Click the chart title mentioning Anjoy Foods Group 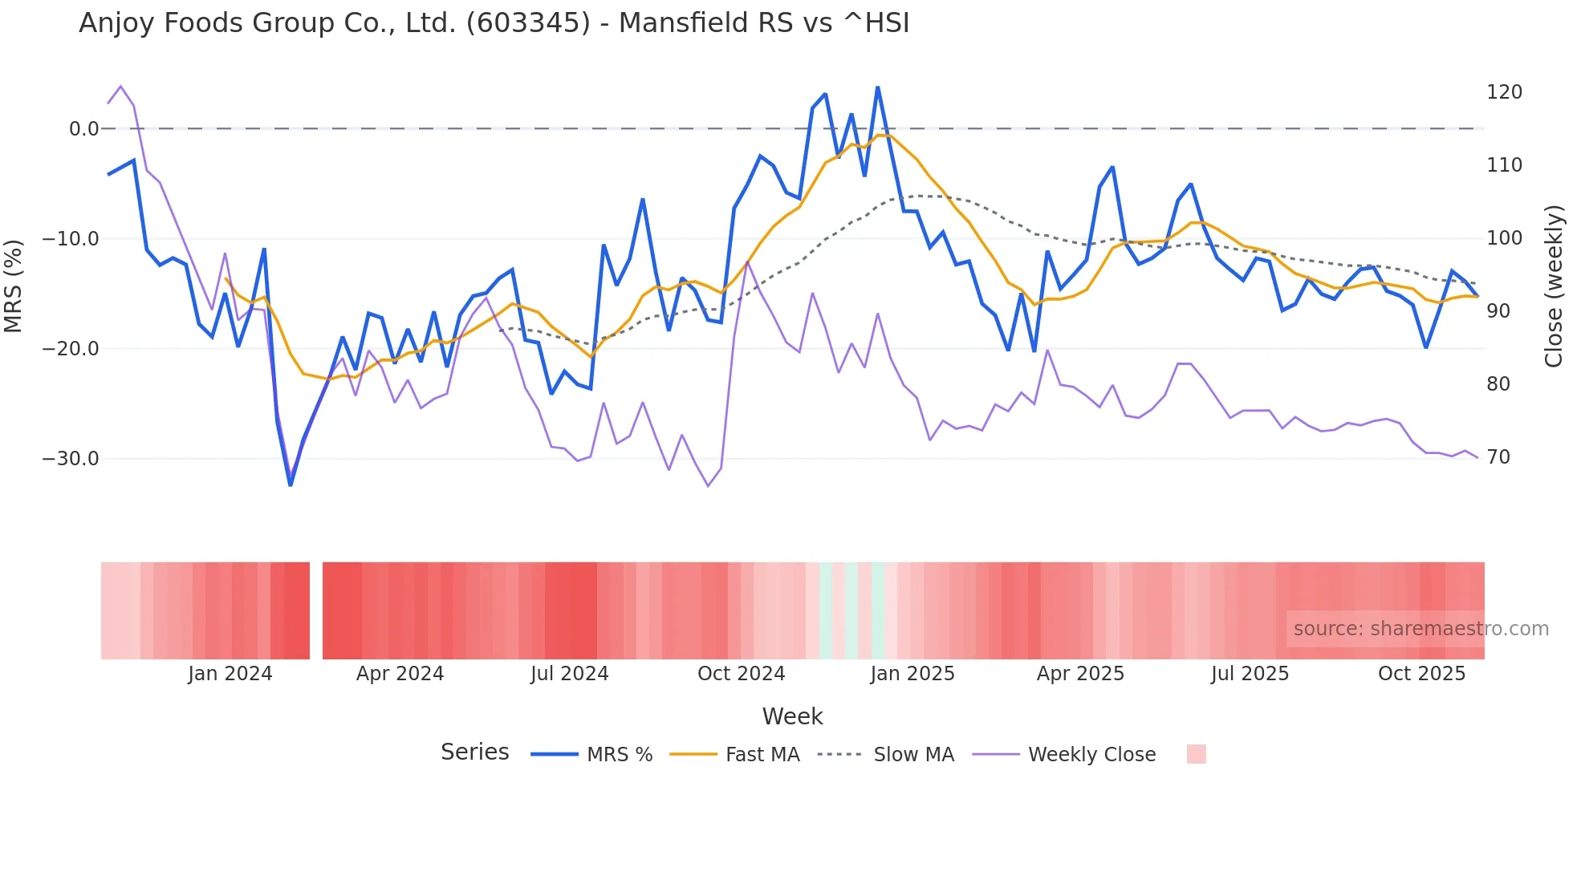[x=494, y=23]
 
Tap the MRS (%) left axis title [x=14, y=286]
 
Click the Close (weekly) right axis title [x=1554, y=286]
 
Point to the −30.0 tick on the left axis [x=71, y=459]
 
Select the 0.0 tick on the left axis [x=83, y=129]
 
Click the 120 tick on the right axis [x=1504, y=92]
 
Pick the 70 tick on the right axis [x=1498, y=457]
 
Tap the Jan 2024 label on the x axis [x=230, y=674]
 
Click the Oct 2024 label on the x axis [x=741, y=674]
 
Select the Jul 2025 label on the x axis [x=1250, y=674]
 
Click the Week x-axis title [x=792, y=716]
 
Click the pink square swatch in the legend [x=1196, y=754]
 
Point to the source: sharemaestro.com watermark [x=1421, y=629]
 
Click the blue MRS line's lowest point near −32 [x=291, y=485]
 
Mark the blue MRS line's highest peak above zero [x=878, y=87]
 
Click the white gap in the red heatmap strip [x=316, y=610]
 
